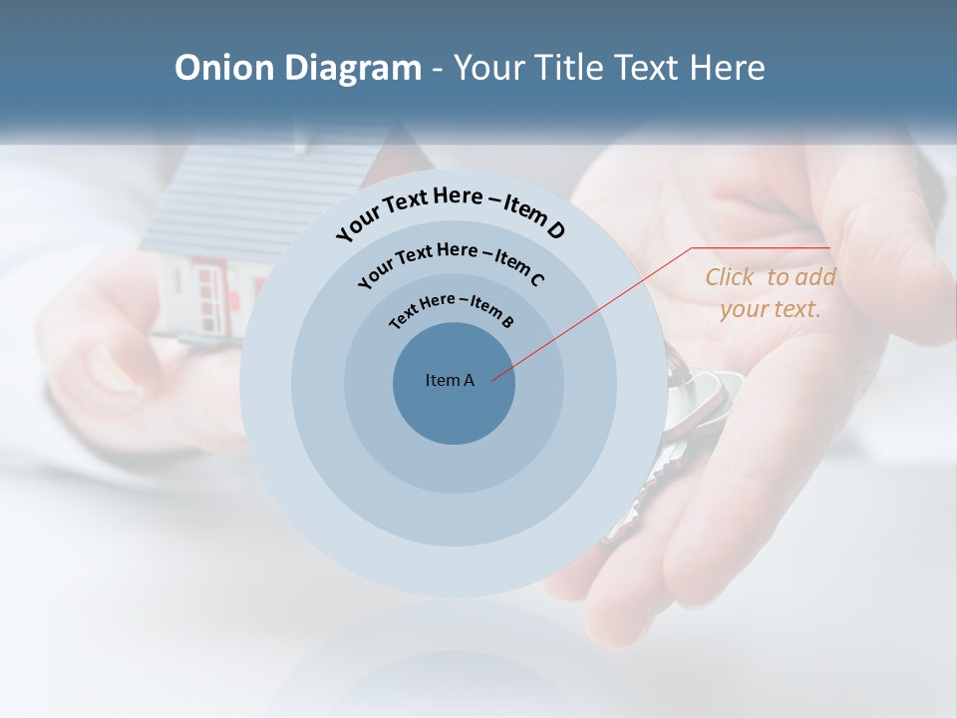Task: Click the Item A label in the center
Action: coord(450,380)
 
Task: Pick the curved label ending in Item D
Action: coord(451,209)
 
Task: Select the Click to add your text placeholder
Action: coord(770,293)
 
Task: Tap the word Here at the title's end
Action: coord(728,68)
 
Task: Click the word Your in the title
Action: coord(492,68)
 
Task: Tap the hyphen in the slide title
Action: coord(438,68)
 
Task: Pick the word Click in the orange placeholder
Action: coord(730,277)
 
